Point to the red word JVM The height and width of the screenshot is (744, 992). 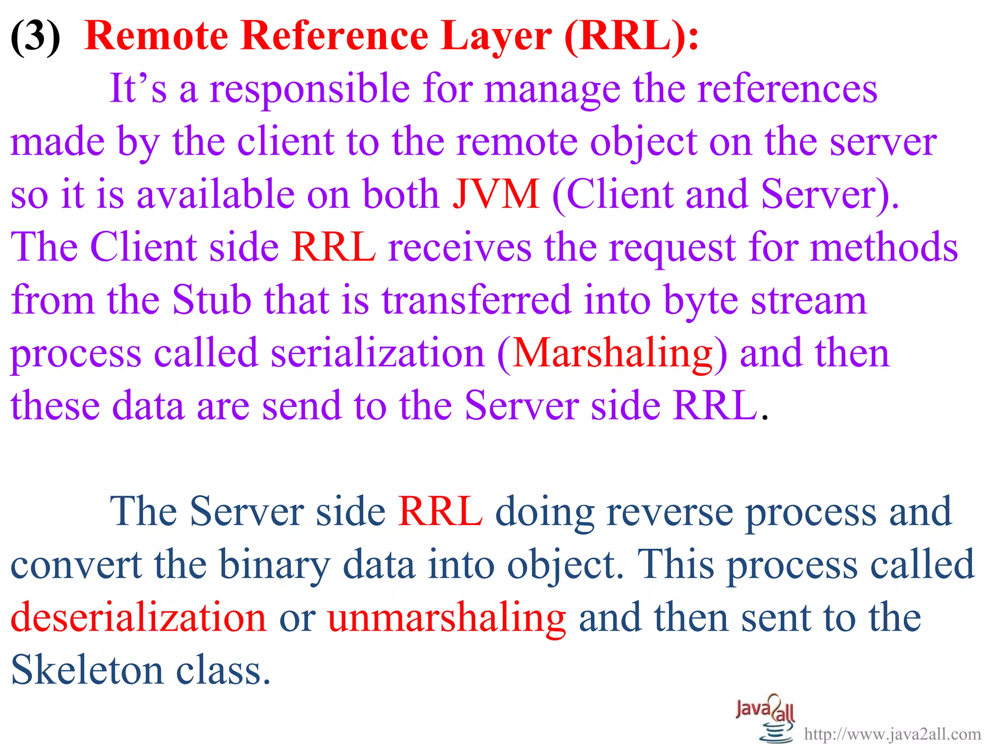(x=496, y=194)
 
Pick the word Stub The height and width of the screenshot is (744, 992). (x=212, y=300)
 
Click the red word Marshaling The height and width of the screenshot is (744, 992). (x=612, y=354)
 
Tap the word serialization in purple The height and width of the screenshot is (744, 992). (x=377, y=353)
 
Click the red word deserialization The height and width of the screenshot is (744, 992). (x=139, y=618)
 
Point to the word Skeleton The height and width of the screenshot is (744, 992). (x=87, y=670)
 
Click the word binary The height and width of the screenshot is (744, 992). (x=275, y=566)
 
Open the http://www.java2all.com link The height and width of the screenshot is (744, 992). (x=892, y=734)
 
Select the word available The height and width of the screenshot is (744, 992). (x=216, y=194)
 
